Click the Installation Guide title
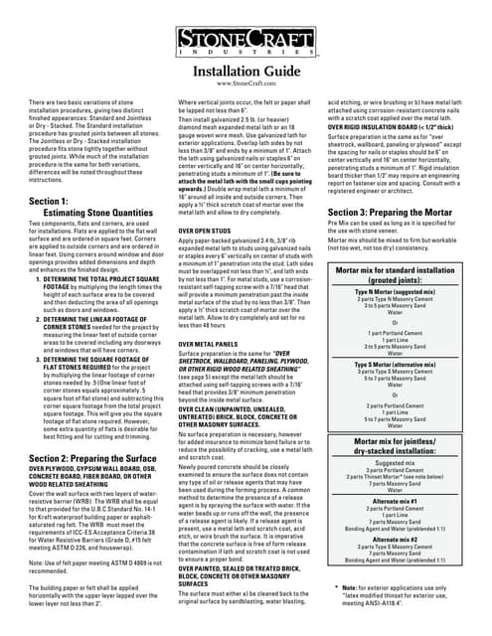click(x=245, y=71)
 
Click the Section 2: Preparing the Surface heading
click(x=96, y=457)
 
